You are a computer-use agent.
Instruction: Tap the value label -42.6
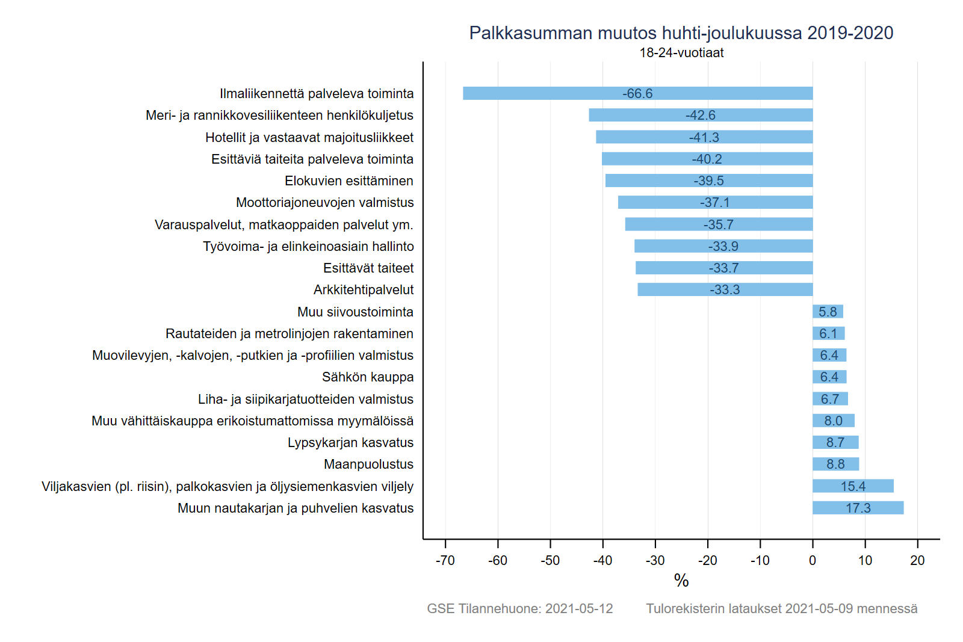(701, 116)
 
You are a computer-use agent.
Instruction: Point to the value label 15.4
(853, 486)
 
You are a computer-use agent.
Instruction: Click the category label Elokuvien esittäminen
(349, 181)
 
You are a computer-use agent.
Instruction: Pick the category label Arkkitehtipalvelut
(364, 290)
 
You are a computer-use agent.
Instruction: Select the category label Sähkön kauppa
(368, 377)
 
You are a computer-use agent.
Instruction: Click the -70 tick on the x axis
(445, 561)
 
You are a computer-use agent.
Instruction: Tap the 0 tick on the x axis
(813, 561)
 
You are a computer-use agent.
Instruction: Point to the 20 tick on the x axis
(917, 561)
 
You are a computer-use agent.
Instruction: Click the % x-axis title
(681, 581)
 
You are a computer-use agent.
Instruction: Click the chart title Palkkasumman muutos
(681, 33)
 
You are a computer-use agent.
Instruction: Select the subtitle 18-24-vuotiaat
(681, 53)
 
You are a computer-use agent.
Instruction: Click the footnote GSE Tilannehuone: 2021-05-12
(520, 609)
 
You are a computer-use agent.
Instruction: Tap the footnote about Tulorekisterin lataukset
(782, 609)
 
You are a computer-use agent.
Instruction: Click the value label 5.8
(828, 312)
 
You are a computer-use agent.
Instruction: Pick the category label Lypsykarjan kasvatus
(350, 443)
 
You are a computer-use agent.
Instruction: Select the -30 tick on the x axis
(655, 561)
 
